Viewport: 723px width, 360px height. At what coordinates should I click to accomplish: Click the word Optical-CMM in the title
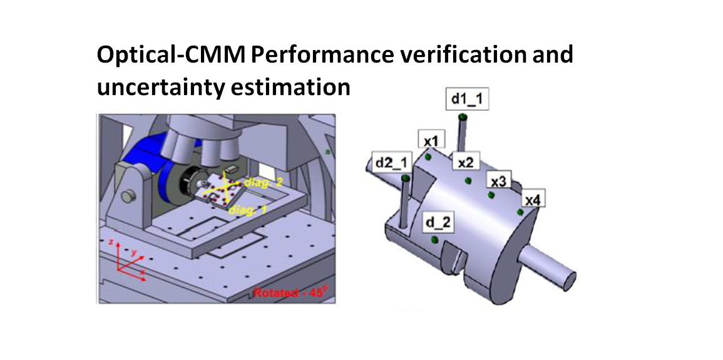click(170, 55)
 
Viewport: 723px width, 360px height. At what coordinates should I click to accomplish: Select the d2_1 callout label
click(391, 162)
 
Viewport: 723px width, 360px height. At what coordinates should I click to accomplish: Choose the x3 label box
click(498, 182)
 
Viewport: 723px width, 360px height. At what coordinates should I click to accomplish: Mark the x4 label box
click(535, 200)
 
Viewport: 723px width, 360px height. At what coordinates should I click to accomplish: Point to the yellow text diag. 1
click(247, 211)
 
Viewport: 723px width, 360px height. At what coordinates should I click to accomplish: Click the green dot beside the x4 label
click(520, 212)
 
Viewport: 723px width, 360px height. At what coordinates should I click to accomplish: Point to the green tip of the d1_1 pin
click(462, 116)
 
